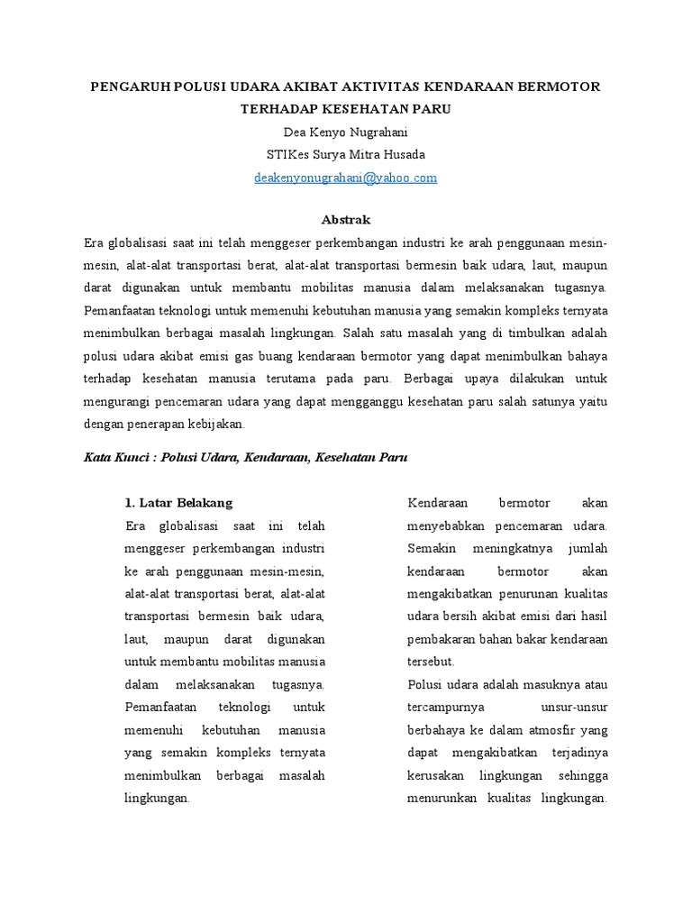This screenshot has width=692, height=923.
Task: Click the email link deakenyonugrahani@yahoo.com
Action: [346, 178]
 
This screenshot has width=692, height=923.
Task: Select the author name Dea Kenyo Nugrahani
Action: [346, 132]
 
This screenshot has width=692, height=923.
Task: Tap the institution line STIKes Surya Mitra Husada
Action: [346, 154]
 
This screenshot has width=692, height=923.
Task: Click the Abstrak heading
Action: [346, 219]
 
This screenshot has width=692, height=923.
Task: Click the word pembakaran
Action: [442, 638]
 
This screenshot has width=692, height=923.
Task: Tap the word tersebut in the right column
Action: [432, 661]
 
